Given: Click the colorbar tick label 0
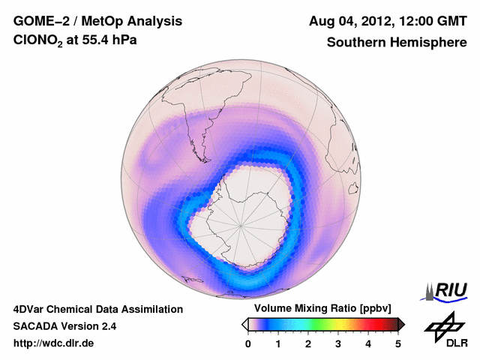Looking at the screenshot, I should click(x=248, y=343).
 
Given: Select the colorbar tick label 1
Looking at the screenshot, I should click(x=278, y=343).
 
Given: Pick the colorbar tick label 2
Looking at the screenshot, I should click(x=308, y=343).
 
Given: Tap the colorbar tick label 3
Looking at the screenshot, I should click(x=338, y=343).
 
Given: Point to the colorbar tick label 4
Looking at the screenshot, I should click(x=368, y=343).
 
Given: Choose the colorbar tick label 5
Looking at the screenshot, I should click(x=398, y=343).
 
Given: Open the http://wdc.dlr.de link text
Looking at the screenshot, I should click(x=54, y=343).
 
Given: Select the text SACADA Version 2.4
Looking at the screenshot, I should click(x=64, y=326).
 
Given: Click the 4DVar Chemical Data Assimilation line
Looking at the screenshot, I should click(x=97, y=309).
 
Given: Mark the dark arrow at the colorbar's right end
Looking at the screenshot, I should click(x=401, y=324).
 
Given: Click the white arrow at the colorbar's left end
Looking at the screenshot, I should click(x=244, y=324).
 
